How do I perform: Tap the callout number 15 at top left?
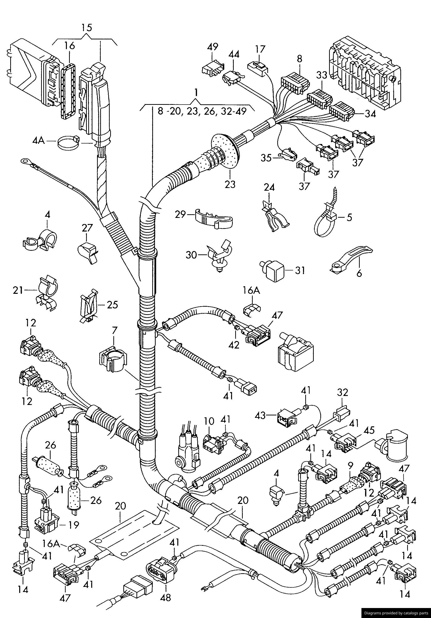[x=87, y=27]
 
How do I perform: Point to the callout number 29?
[x=180, y=215]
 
